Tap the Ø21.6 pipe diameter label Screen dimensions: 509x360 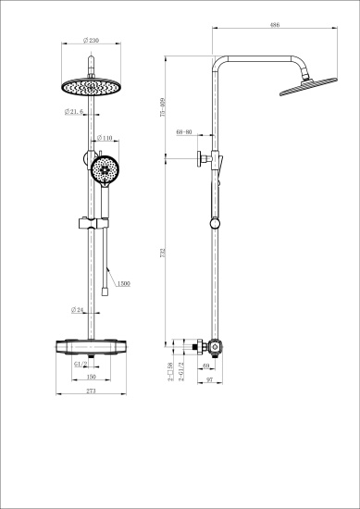tap(74, 112)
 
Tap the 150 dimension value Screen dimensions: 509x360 tap(92, 378)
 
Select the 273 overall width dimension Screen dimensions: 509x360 tap(92, 392)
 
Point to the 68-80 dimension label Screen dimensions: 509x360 tap(183, 132)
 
